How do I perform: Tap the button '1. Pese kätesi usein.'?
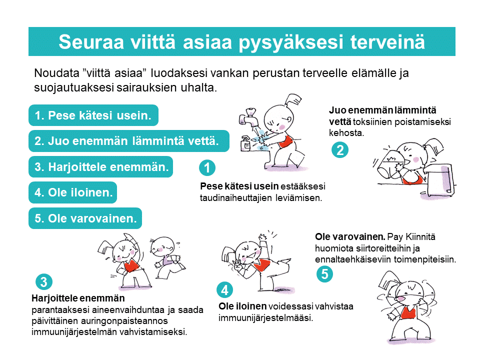tap(93, 115)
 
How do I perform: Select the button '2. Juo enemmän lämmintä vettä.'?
tap(129, 141)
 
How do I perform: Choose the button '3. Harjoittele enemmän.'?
tap(100, 167)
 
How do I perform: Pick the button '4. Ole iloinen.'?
tap(73, 192)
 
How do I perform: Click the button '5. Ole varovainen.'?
tap(85, 218)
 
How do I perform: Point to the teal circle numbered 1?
tap(207, 168)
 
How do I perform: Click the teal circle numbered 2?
tap(340, 150)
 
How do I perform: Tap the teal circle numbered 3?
tap(44, 282)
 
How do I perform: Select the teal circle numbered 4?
tap(224, 290)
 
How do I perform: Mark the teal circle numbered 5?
tap(324, 274)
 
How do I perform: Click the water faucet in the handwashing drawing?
tap(248, 117)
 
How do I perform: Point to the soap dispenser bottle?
tap(245, 143)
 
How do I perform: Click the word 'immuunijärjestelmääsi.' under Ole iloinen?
tap(265, 318)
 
